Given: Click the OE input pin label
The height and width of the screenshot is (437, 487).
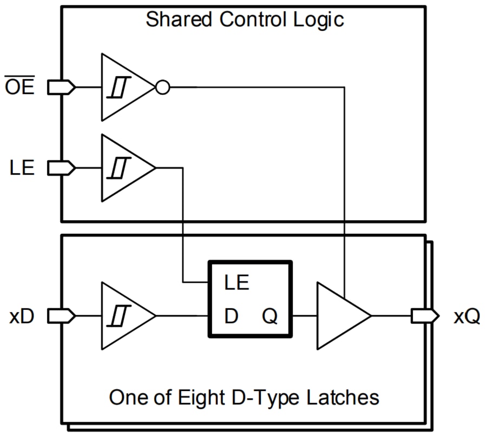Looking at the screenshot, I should coord(20,87).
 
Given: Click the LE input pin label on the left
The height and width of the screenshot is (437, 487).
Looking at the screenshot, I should coord(22,168).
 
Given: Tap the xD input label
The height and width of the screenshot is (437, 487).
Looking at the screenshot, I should coord(22,316).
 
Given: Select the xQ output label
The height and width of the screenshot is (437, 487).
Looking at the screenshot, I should coord(466,316).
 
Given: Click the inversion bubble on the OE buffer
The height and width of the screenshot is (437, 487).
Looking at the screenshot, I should coord(162,87).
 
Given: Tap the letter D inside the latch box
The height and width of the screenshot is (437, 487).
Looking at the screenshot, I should coord(231,316).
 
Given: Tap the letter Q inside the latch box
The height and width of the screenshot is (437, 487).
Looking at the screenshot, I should coord(270,317).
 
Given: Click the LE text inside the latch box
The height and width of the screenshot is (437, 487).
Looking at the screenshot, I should coord(236,282).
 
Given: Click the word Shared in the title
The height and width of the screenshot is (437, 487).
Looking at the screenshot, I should coord(179,20).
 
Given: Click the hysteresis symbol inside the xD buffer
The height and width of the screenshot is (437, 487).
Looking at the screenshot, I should coord(119,316).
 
